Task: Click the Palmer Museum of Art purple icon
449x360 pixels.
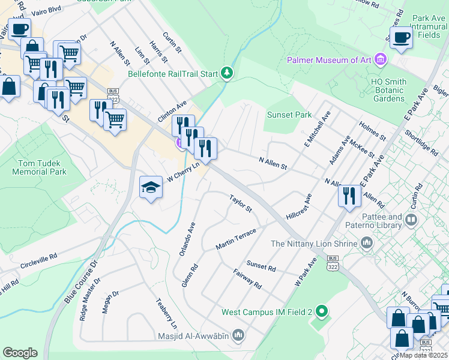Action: coord(380,60)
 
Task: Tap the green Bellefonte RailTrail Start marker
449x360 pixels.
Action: coord(227,74)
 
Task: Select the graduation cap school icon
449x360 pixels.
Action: coord(151,188)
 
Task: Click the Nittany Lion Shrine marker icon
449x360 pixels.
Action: coord(367,244)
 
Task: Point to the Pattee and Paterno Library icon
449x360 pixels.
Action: coord(411,220)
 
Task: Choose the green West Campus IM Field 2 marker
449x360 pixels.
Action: coord(322,312)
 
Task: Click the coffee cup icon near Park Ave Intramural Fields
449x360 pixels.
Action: coord(402,38)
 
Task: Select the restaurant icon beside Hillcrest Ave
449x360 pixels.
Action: coord(349,196)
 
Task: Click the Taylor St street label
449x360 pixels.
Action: coord(240,203)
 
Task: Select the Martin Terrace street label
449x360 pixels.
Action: coord(236,239)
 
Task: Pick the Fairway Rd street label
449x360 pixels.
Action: coord(247,278)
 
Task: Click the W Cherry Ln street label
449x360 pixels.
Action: coord(182,173)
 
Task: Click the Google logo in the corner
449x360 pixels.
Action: coord(20,353)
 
